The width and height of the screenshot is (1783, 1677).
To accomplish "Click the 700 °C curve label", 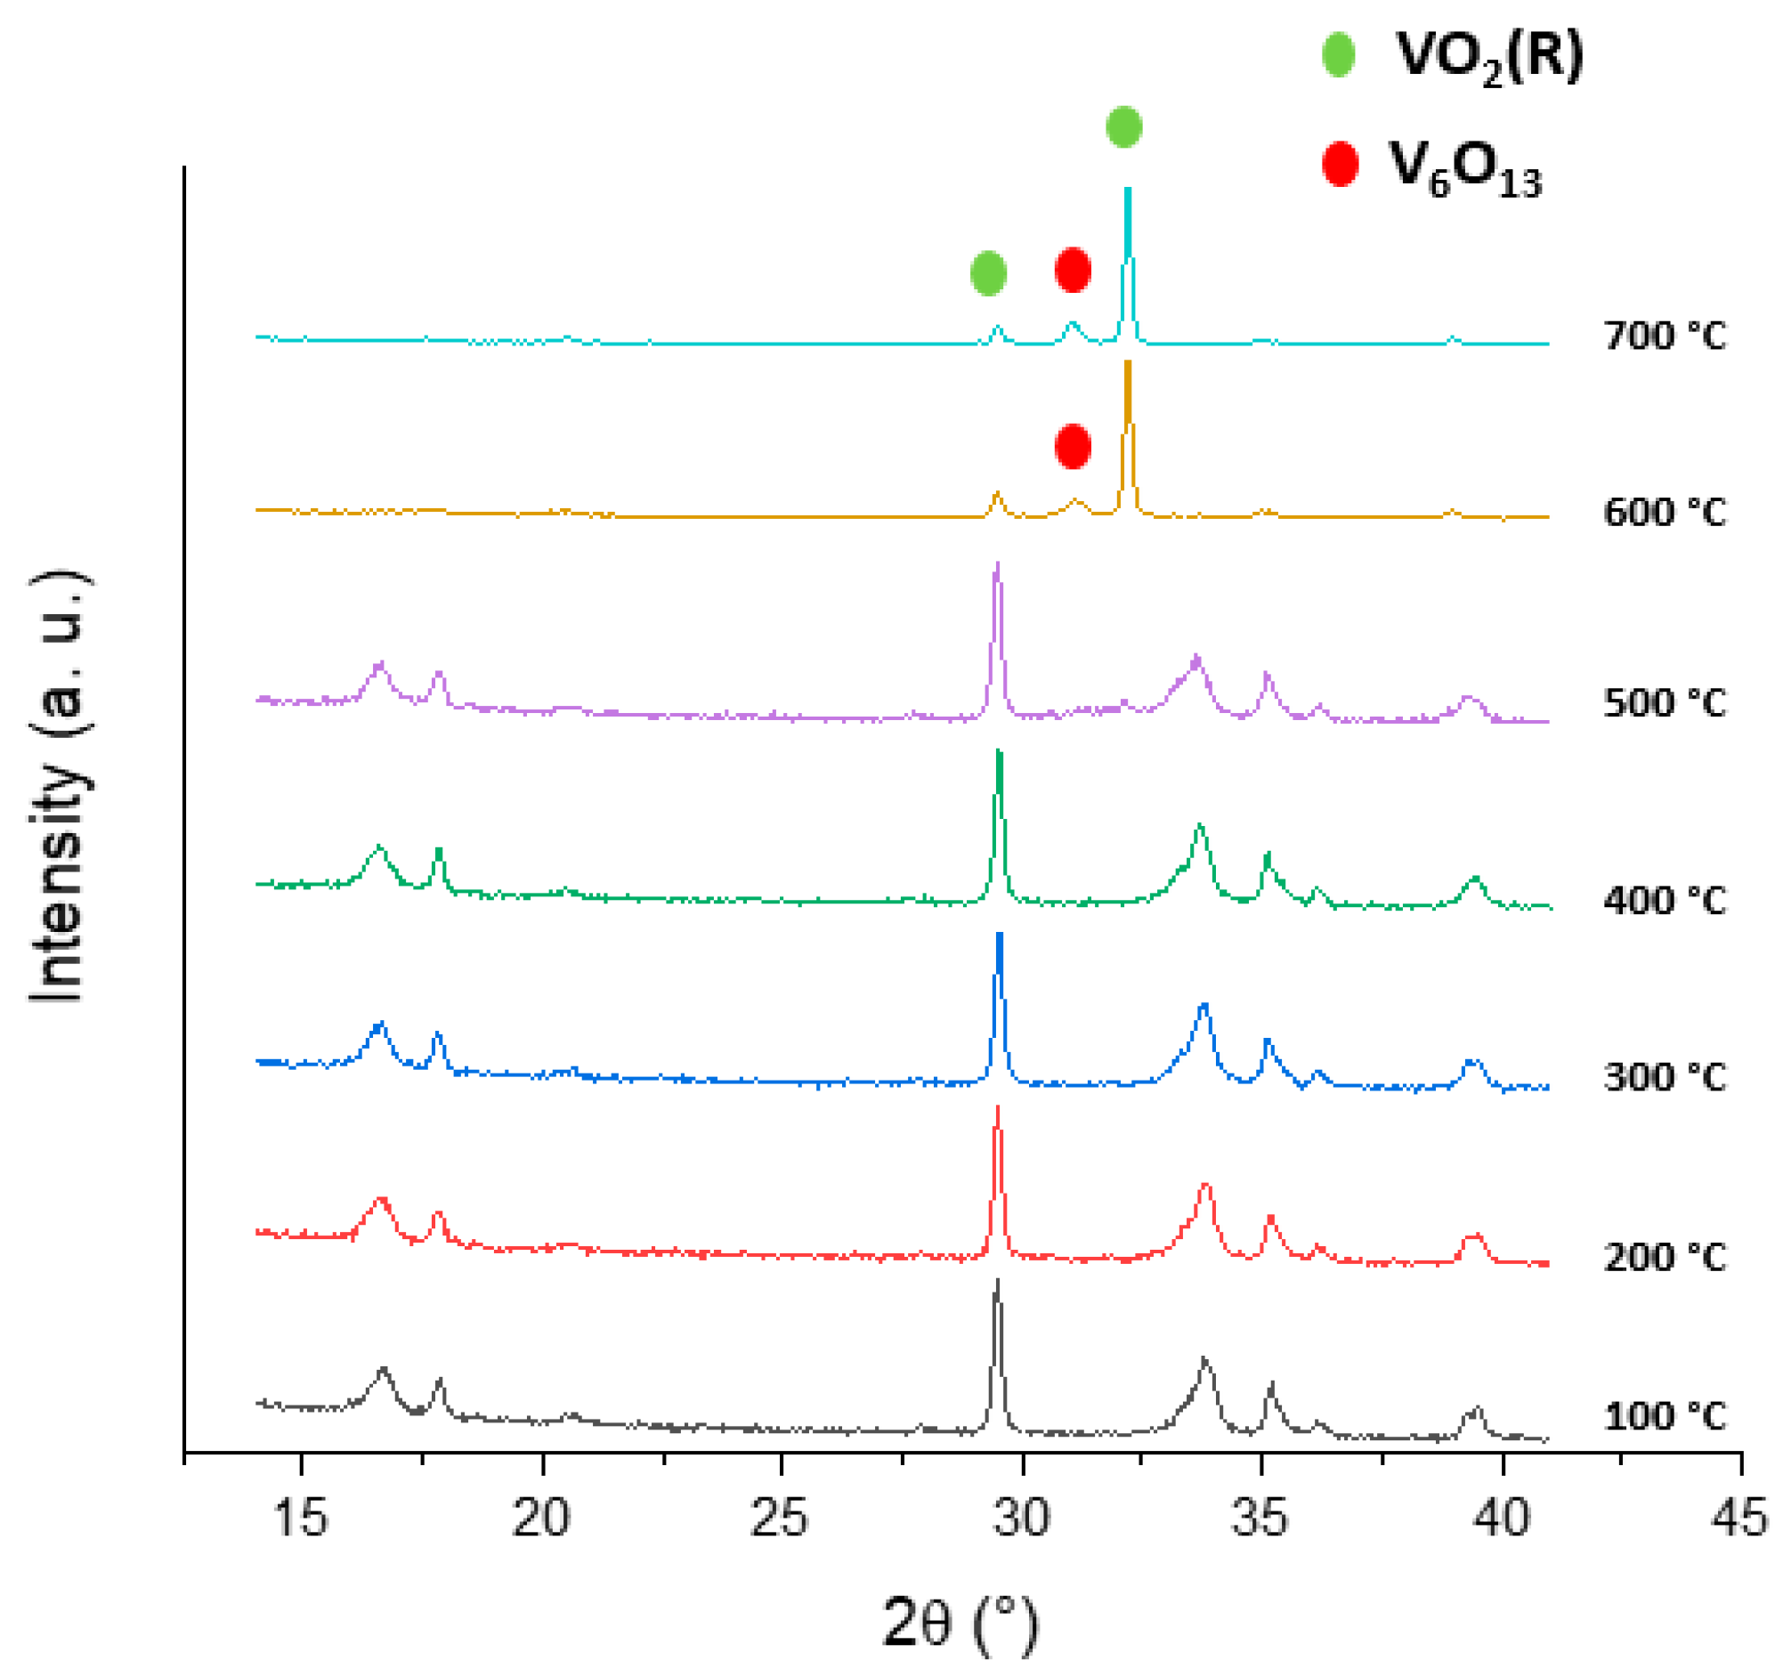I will [1664, 336].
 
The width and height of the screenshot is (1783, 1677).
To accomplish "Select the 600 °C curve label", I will [1664, 513].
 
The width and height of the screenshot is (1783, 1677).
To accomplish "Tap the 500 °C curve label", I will [1664, 703].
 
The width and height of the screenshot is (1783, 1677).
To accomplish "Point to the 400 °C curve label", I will [1664, 901].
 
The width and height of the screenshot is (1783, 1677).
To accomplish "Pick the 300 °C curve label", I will [1664, 1077].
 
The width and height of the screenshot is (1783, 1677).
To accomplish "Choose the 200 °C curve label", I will [1664, 1259].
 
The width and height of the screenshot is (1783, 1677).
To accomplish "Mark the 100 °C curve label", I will [1664, 1417].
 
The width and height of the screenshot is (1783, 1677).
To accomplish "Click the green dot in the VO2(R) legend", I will [1338, 54].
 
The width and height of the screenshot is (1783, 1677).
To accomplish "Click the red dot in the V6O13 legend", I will [1339, 164].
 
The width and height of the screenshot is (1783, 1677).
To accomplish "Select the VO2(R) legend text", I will [1490, 58].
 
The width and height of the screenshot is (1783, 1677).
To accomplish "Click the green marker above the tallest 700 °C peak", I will [1123, 126].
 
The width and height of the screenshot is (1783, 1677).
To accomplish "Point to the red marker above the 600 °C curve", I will [1073, 446].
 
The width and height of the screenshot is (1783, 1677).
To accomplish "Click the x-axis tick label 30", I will [1022, 1520].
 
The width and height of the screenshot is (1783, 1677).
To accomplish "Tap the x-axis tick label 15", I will [301, 1520].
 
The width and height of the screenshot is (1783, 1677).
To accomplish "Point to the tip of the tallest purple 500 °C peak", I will [997, 563].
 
